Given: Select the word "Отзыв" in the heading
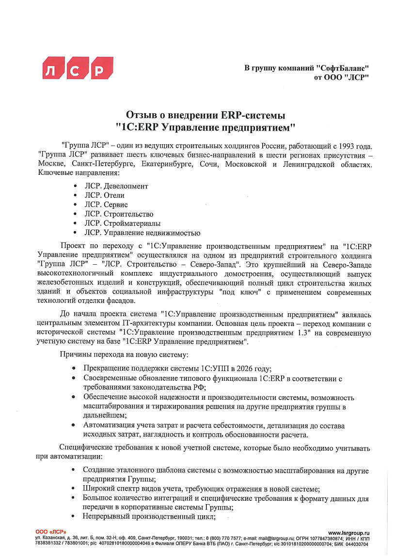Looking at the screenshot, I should pos(141,116).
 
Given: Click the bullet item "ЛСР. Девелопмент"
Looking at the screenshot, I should pos(116,186).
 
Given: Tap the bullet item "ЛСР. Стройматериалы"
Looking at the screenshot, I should pos(122,223).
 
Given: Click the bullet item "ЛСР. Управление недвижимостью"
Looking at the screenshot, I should pos(142,233).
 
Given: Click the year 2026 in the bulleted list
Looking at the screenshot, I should pos(239,369).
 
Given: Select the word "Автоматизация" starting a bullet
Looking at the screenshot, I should pos(108,425).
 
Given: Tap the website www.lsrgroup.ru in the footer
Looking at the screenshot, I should pos(348,533).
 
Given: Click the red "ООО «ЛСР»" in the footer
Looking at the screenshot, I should pos(51,533).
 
